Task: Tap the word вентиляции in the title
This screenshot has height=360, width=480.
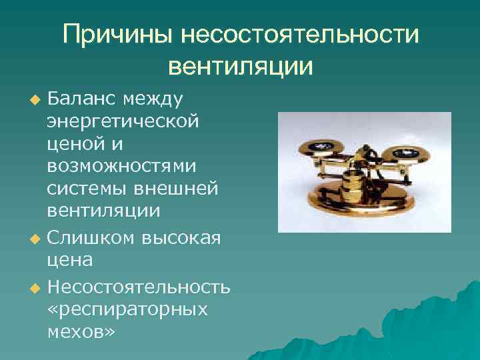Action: (x=241, y=66)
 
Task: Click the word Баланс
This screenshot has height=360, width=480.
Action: (x=80, y=99)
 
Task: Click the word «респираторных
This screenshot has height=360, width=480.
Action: (x=127, y=309)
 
